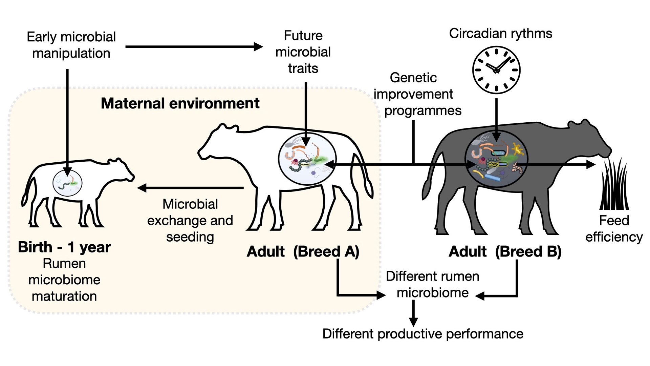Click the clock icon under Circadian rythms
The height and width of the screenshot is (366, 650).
(x=496, y=70)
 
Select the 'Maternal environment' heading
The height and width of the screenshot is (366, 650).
(x=180, y=103)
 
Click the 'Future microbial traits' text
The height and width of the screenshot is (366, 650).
(x=303, y=52)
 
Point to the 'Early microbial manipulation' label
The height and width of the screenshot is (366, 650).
(x=71, y=45)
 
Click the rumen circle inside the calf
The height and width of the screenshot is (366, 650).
(x=67, y=183)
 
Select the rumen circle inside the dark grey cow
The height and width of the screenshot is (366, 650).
(x=496, y=159)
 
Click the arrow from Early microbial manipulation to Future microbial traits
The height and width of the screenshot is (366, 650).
(x=193, y=47)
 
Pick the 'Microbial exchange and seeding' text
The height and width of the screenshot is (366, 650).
(x=190, y=220)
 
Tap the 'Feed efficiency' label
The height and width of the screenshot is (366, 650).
(x=614, y=229)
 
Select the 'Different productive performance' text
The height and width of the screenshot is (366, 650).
(x=422, y=334)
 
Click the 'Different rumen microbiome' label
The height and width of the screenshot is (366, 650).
(x=432, y=285)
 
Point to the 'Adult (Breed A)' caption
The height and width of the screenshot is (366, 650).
(x=303, y=251)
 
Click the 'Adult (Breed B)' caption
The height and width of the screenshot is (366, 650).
(x=505, y=251)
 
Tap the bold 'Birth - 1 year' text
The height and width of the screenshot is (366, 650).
(x=64, y=247)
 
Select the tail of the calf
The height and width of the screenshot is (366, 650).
(x=26, y=193)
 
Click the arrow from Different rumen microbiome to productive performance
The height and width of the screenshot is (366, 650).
(x=413, y=313)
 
